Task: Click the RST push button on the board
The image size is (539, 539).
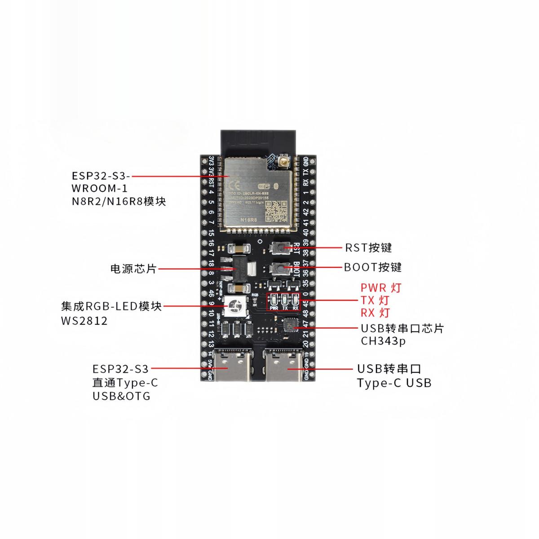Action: coord(280,247)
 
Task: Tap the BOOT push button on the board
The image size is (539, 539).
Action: coord(280,268)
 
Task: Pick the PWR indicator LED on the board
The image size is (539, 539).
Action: coord(274,300)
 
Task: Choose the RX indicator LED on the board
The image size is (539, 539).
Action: coord(295,300)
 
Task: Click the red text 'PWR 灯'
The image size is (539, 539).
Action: coord(381,287)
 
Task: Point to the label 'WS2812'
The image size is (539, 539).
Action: coord(84,321)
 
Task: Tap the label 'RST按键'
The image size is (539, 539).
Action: coord(368,247)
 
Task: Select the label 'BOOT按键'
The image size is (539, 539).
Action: coord(373,267)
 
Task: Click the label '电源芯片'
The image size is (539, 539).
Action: coord(133,269)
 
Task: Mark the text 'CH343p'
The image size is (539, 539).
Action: coord(383,341)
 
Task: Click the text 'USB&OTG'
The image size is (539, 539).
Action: coord(121,396)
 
